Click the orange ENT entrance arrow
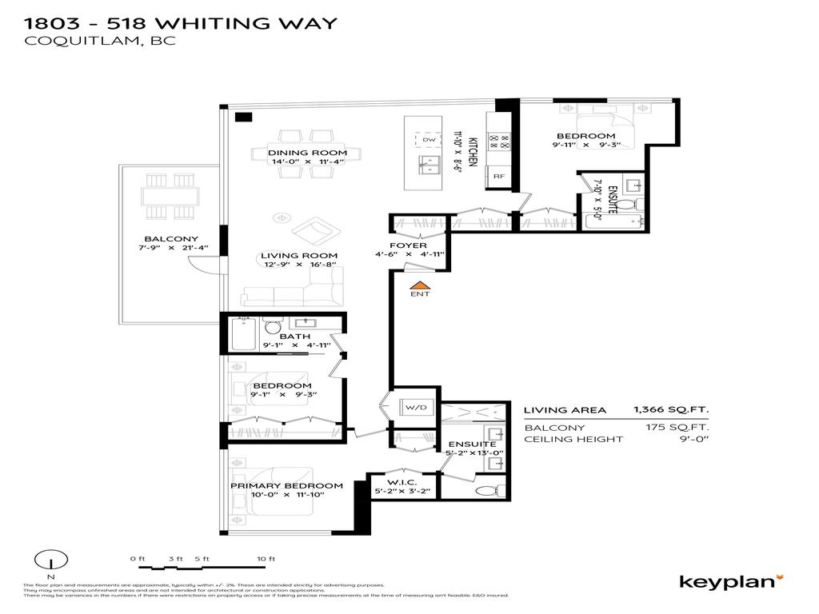pyautogui.click(x=419, y=284)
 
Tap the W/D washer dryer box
pyautogui.click(x=415, y=408)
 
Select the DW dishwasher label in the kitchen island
pyautogui.click(x=429, y=140)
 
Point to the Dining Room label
pyautogui.click(x=307, y=153)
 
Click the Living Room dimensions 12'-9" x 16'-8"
pyautogui.click(x=298, y=265)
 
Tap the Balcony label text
pyautogui.click(x=171, y=239)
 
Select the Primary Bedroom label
pyautogui.click(x=286, y=485)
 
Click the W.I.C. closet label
pyautogui.click(x=403, y=481)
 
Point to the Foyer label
pyautogui.click(x=408, y=245)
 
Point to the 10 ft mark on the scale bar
pyautogui.click(x=266, y=559)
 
